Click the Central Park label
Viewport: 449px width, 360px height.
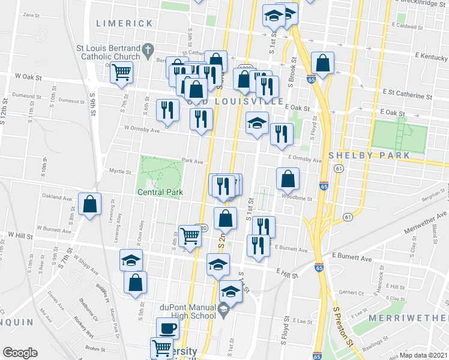coord(160,192)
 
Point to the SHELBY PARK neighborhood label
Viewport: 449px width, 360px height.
coord(369,155)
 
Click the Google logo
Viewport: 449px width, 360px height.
coord(20,353)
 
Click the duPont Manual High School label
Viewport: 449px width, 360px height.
coord(187,311)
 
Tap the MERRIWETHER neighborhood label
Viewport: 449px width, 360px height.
coord(408,317)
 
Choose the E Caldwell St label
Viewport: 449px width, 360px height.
coord(408,26)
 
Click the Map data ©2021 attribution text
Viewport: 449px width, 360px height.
coord(424,355)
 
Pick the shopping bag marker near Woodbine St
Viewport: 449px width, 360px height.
coord(288,179)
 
